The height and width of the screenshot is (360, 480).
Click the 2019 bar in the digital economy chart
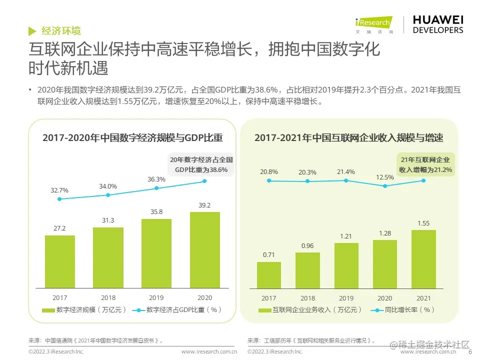pyautogui.click(x=156, y=253)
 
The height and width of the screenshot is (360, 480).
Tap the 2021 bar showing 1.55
pyautogui.click(x=423, y=259)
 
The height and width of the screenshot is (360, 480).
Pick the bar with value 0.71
pyautogui.click(x=269, y=274)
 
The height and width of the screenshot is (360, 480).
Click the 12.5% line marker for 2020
pyautogui.click(x=385, y=186)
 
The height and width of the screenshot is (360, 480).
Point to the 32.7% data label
pyautogui.click(x=59, y=190)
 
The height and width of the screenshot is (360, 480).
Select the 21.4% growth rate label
pyautogui.click(x=345, y=172)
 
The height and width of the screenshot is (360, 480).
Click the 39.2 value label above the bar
pyautogui.click(x=205, y=205)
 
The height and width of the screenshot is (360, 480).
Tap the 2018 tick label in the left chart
pyautogui.click(x=108, y=297)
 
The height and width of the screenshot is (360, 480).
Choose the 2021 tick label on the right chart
pyautogui.click(x=423, y=297)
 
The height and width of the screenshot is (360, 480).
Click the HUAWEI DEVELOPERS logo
pyautogui.click(x=438, y=24)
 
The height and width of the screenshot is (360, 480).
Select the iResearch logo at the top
pyautogui.click(x=374, y=24)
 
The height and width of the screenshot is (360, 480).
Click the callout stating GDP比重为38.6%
pyautogui.click(x=201, y=165)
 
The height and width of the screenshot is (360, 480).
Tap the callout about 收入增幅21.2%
pyautogui.click(x=425, y=165)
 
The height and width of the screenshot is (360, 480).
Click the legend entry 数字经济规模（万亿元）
pyautogui.click(x=84, y=310)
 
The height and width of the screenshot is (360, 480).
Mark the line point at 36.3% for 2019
pyautogui.click(x=156, y=188)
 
